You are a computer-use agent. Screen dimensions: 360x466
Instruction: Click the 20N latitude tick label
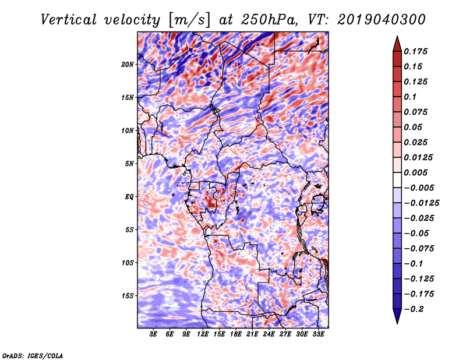(x=128, y=64)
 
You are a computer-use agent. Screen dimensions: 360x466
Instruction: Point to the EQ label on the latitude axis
(x=129, y=197)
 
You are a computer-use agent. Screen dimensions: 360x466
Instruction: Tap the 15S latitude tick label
(x=128, y=296)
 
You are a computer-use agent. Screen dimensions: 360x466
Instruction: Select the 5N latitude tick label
(x=129, y=164)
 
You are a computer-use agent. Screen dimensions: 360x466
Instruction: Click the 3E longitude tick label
(x=154, y=335)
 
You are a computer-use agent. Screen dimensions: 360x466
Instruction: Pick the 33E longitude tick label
(x=318, y=335)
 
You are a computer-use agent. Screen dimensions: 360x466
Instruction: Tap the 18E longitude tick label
(x=236, y=335)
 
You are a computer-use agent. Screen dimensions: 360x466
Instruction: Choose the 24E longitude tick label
(x=269, y=335)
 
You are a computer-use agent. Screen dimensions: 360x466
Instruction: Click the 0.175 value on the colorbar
(x=417, y=51)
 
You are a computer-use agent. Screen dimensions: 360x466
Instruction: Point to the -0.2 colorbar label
(x=414, y=309)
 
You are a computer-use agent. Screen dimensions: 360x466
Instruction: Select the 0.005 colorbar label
(x=417, y=172)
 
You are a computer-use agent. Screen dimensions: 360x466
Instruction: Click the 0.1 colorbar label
(x=412, y=97)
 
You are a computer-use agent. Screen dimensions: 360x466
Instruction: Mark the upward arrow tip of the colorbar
(x=396, y=38)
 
